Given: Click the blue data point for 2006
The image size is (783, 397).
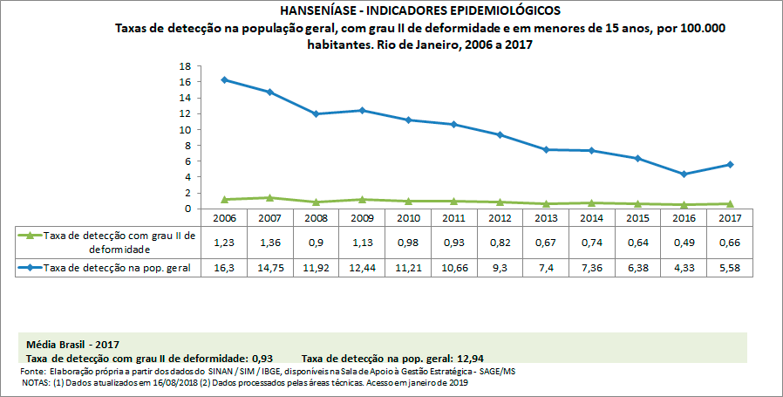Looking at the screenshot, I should pos(224,79).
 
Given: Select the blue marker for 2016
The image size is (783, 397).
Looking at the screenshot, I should pos(684,174).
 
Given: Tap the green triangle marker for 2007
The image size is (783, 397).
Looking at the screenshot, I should pos(269,198).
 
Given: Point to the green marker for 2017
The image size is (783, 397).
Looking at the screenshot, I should pos(730,203).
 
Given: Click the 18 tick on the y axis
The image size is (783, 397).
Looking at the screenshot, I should pos(185,66).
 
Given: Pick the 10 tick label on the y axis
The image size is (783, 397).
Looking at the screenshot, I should pos(185,129).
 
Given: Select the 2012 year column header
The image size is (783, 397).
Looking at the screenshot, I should pos(499,216).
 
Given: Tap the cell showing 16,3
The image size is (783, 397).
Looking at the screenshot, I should pos(224,267).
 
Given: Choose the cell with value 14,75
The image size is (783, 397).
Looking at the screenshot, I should pos(269,267).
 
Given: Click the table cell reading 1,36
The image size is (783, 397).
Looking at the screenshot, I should pos(269,242).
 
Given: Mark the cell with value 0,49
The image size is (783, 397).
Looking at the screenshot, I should pos(684,242).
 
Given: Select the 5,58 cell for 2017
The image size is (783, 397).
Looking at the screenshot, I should pos(730,267).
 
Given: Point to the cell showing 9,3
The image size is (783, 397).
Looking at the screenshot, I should pos(499,267).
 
